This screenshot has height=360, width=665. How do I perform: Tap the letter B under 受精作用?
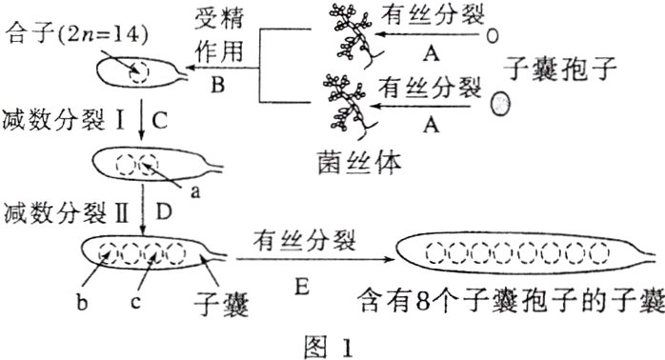tap(217, 86)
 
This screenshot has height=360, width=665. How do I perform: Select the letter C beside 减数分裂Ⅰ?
tap(159, 121)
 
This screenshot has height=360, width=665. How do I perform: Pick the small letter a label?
tap(196, 191)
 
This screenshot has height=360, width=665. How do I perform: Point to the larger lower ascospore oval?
tap(498, 102)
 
